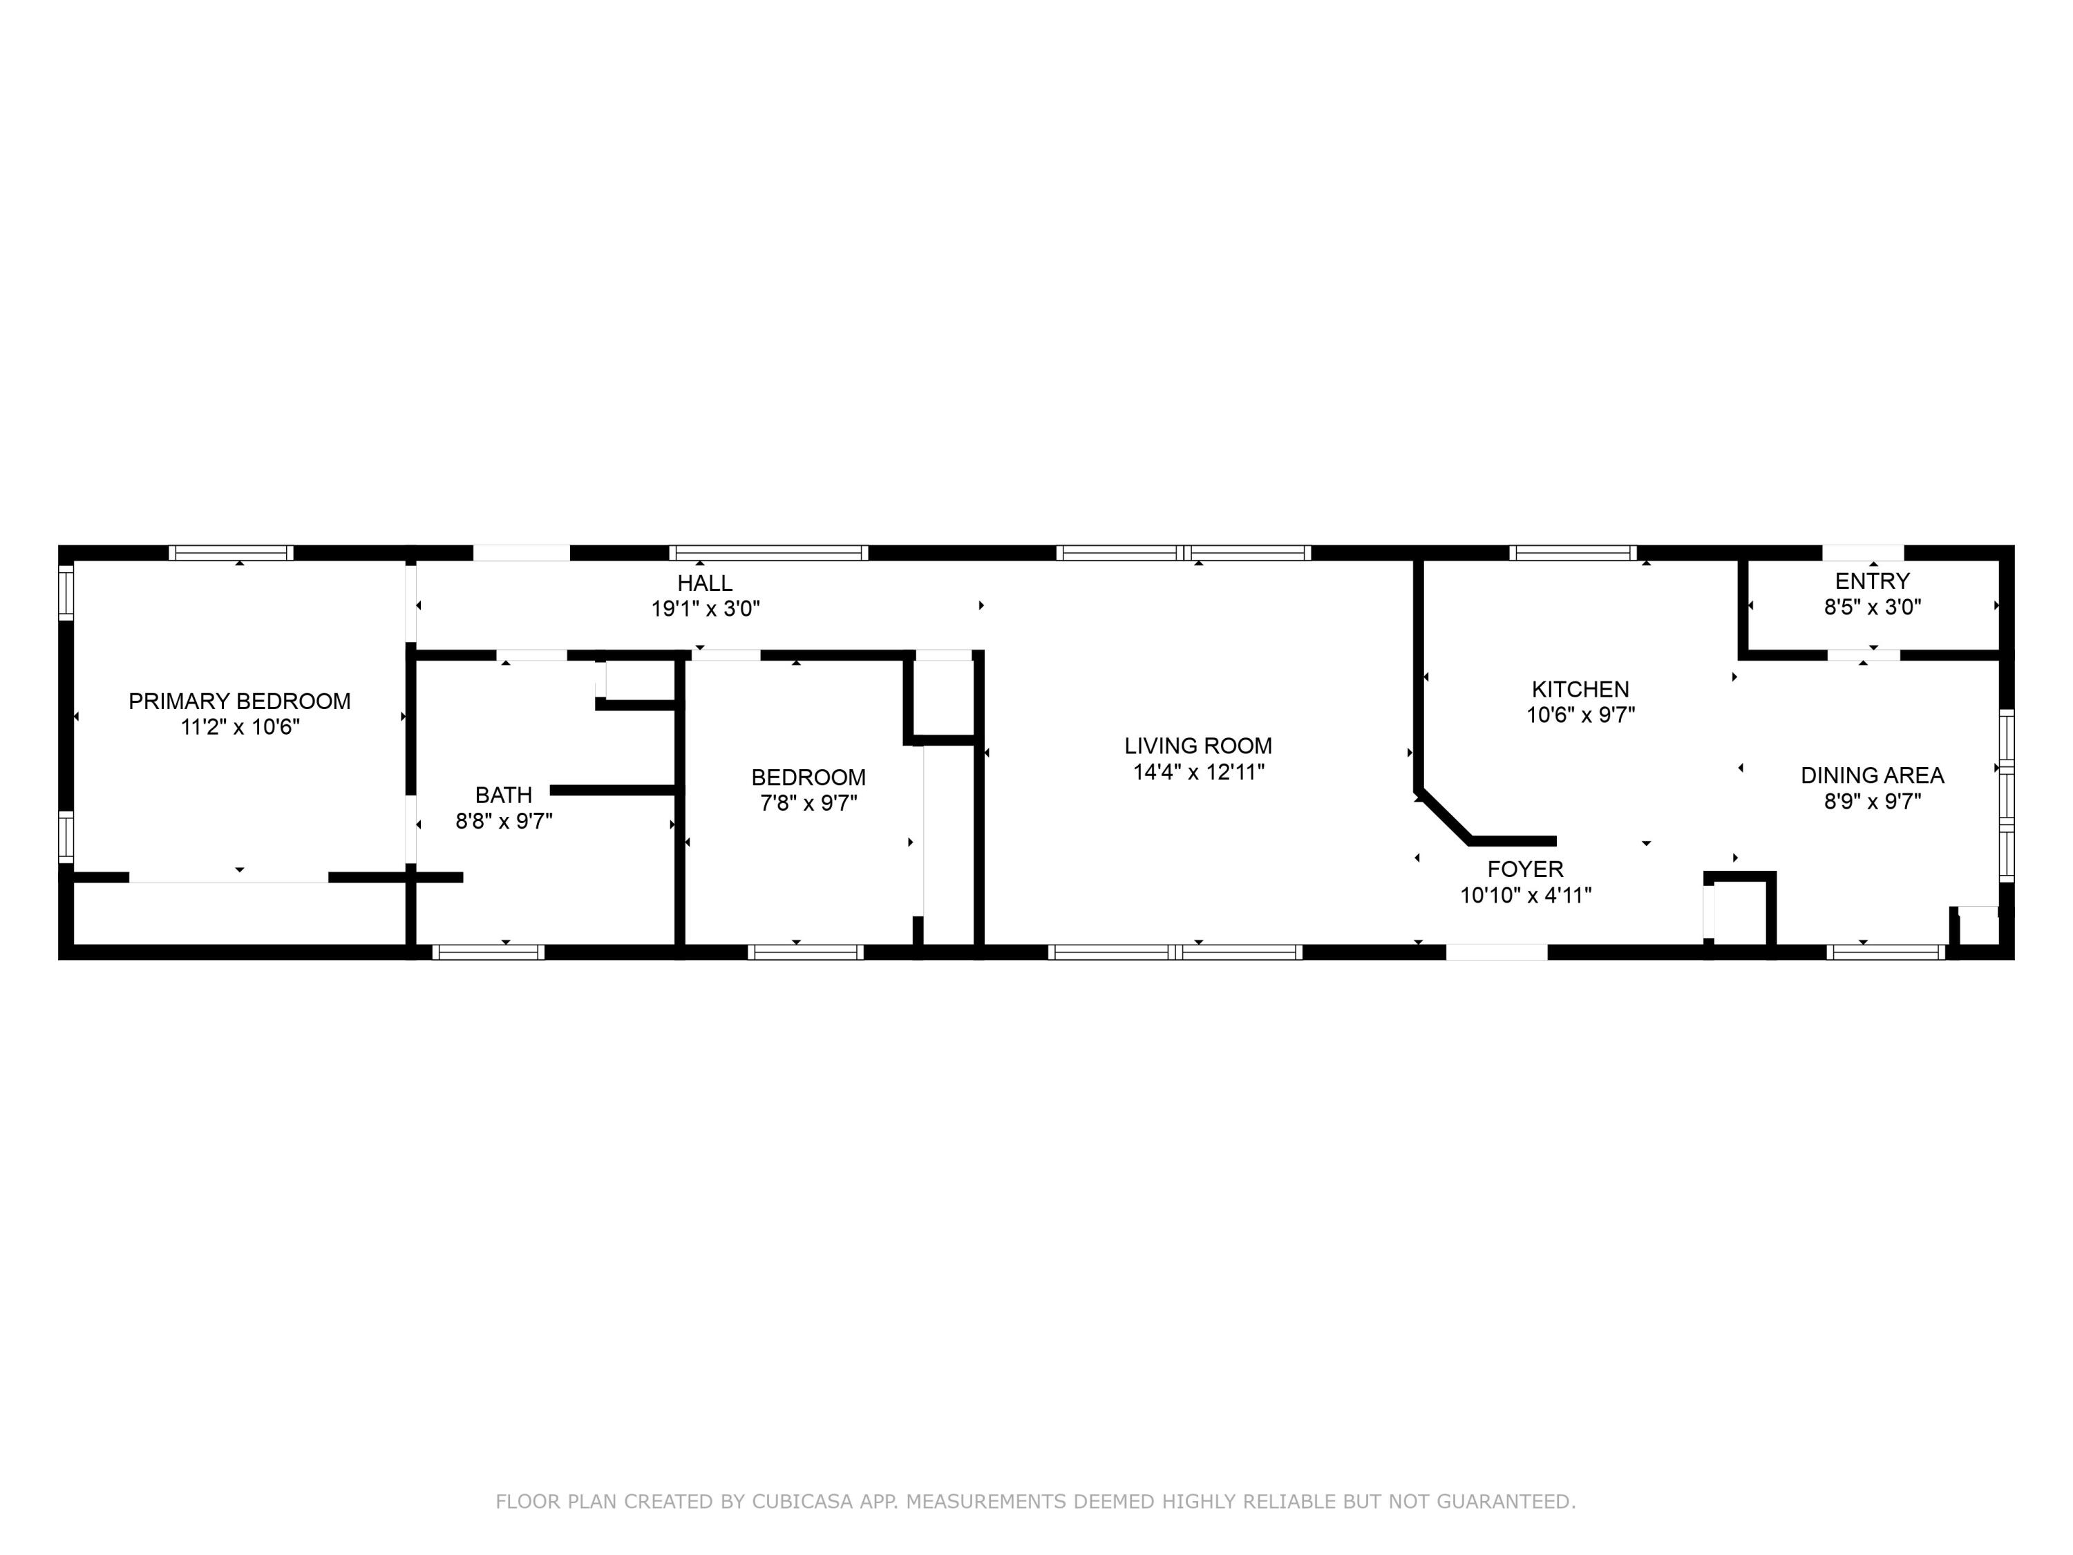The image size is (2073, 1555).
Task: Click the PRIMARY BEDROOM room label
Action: click(239, 701)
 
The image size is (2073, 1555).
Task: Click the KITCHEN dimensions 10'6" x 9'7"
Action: click(1580, 715)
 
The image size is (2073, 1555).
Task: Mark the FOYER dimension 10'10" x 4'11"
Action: click(1525, 895)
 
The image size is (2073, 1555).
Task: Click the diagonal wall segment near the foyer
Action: click(1443, 816)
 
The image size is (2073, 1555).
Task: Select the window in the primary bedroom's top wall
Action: click(231, 553)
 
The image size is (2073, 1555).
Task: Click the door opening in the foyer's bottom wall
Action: click(1496, 952)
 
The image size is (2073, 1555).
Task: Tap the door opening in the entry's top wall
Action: click(1862, 553)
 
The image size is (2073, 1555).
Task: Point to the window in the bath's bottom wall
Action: click(489, 952)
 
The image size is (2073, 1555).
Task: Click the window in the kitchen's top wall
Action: click(1573, 553)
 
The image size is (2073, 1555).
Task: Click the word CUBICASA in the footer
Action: click(802, 1502)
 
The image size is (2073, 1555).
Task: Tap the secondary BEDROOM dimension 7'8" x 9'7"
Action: click(808, 803)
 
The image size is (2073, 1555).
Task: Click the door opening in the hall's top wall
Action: click(521, 553)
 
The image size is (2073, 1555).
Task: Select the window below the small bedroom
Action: click(805, 952)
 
